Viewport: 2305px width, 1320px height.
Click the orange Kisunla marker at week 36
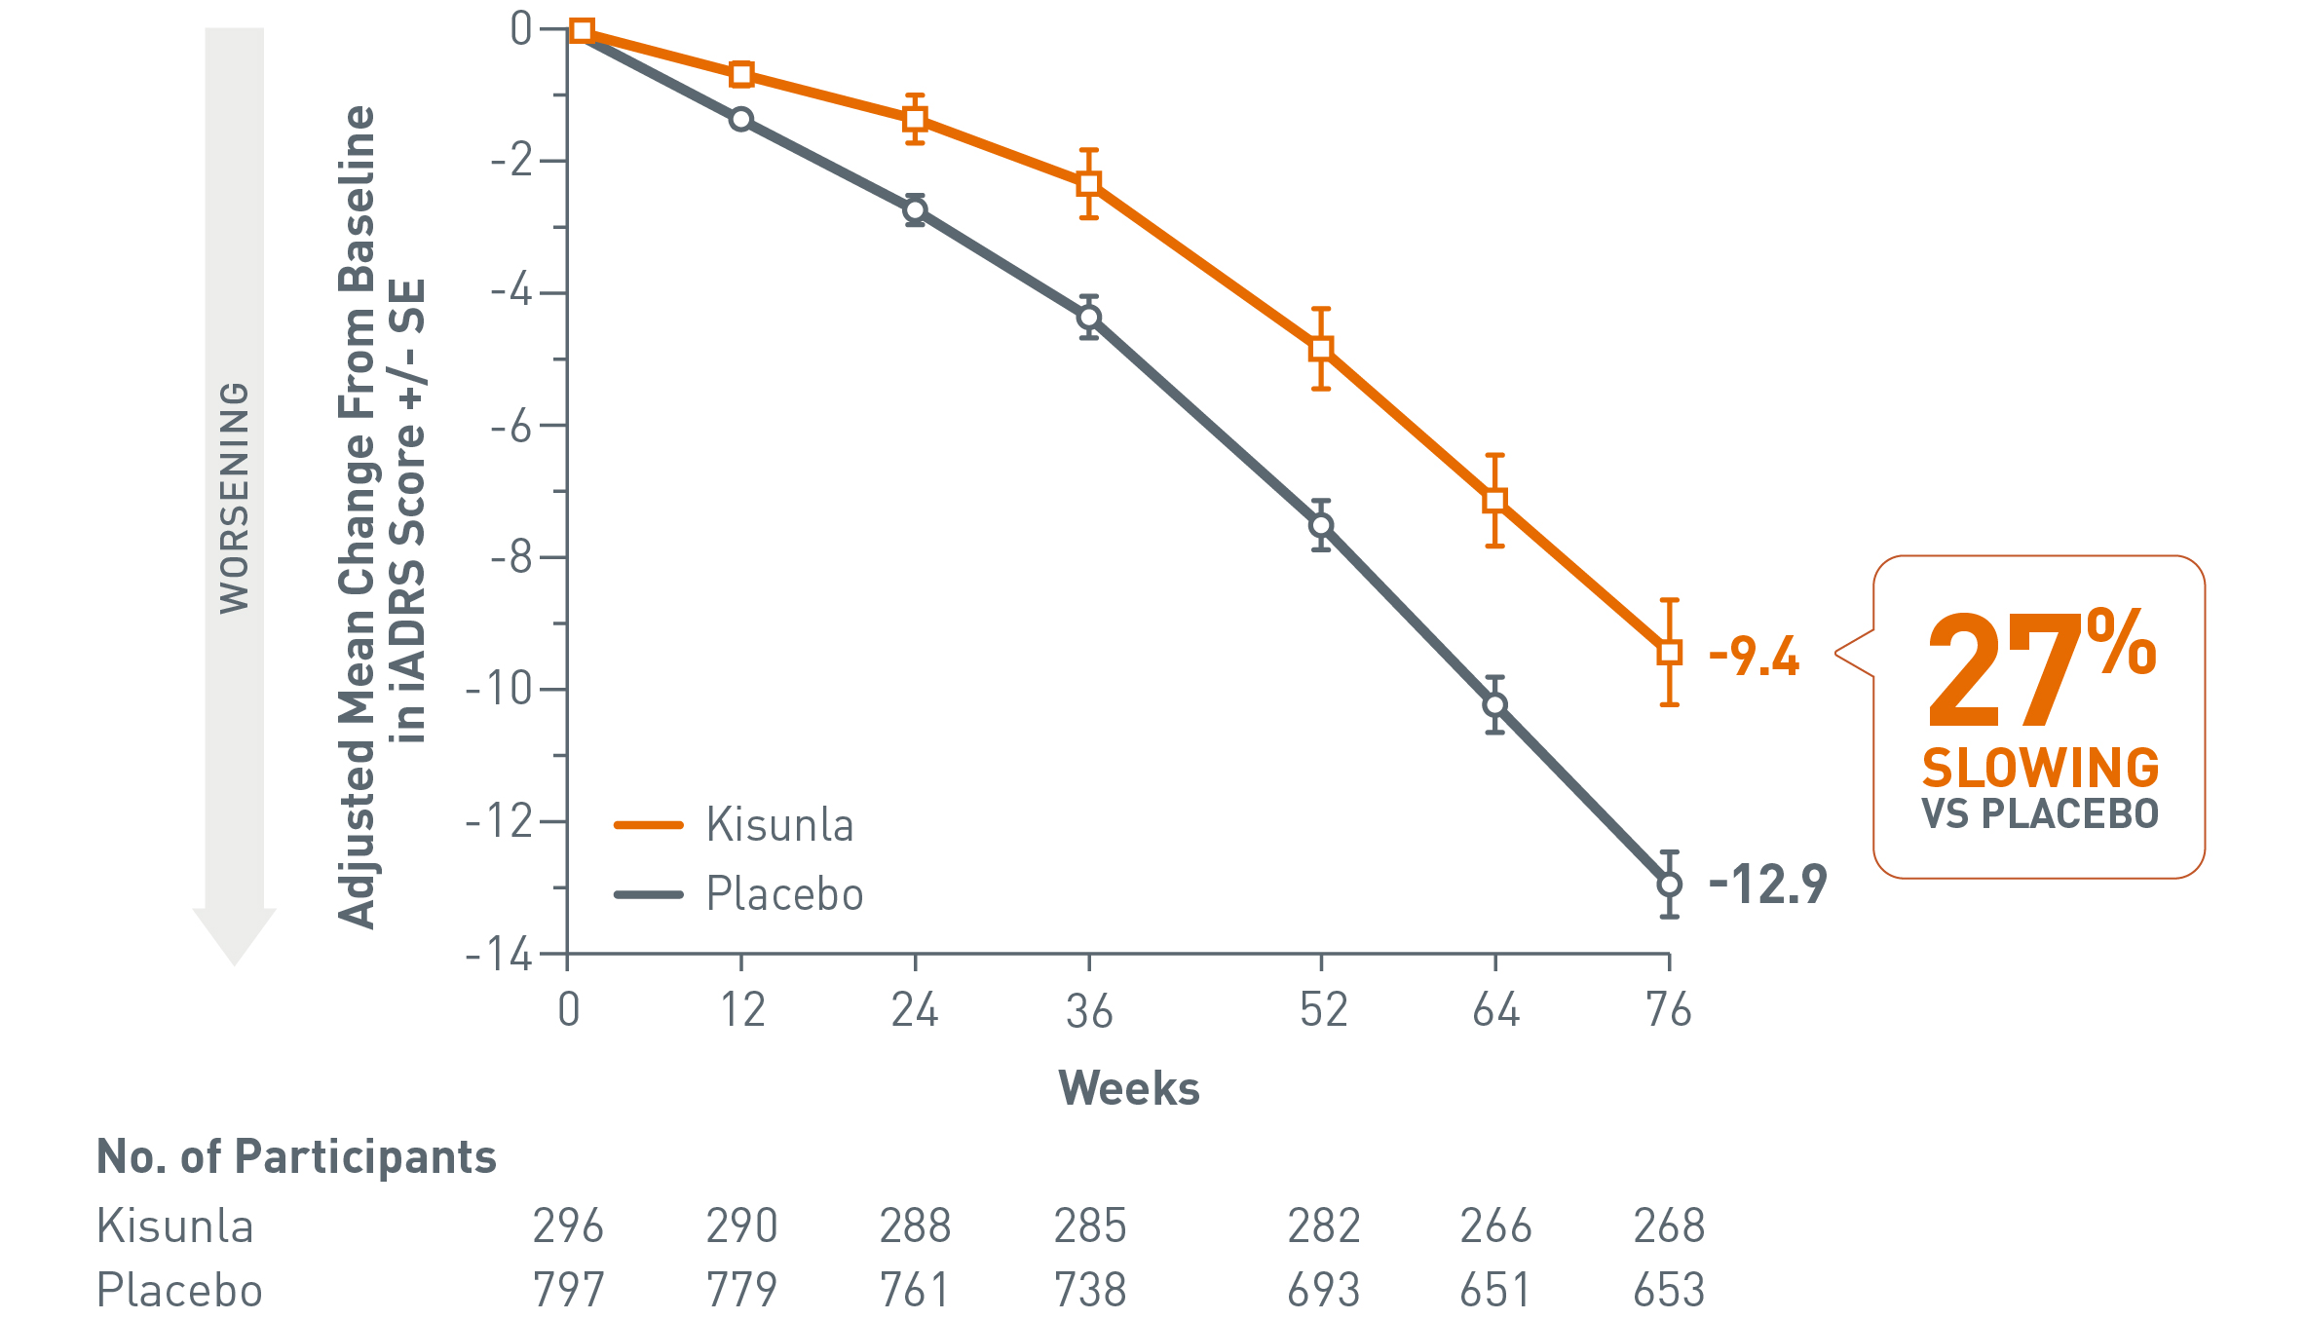[1089, 183]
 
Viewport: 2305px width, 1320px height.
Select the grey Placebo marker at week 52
[1321, 526]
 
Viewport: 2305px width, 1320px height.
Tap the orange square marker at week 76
[1669, 653]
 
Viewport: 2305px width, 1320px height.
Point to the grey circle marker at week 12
[741, 119]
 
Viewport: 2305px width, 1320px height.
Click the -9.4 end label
[1754, 656]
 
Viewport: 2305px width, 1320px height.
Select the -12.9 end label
[1767, 885]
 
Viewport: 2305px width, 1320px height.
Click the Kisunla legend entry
[779, 825]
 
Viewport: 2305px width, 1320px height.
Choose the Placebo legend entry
[784, 894]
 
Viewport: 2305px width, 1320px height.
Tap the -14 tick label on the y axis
[500, 955]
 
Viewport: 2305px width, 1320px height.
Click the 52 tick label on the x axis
[1323, 1010]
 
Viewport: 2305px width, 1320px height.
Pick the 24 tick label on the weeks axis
[915, 1010]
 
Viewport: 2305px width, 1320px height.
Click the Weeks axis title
[1129, 1088]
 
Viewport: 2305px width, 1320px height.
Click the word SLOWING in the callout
[2040, 769]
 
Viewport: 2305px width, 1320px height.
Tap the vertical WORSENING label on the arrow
[235, 497]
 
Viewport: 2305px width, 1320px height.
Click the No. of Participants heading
[296, 1157]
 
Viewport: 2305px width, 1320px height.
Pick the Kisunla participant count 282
[1323, 1226]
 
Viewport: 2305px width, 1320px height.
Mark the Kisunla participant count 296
[568, 1226]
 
